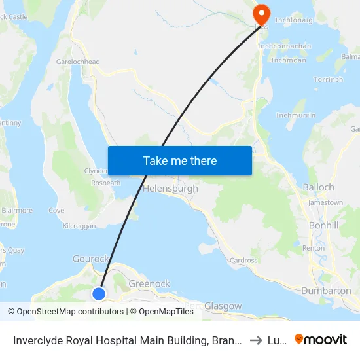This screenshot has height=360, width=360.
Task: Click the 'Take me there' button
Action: tap(180, 160)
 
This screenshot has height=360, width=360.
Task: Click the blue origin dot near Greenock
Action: tap(99, 293)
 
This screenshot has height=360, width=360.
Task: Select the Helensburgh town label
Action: tap(170, 189)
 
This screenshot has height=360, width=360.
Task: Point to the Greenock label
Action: tap(149, 283)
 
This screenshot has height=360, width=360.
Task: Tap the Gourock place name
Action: tap(90, 259)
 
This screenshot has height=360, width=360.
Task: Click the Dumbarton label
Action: tap(326, 290)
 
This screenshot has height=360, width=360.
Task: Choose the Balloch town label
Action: tap(319, 187)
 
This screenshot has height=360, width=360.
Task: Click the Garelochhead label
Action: tap(78, 62)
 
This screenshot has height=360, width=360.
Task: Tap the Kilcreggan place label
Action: tap(79, 225)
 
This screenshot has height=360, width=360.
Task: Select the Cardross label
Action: tap(243, 260)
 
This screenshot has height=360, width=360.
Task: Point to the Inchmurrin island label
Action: tap(296, 115)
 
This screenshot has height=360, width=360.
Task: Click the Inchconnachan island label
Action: tap(285, 46)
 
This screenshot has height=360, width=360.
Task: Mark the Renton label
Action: tap(314, 248)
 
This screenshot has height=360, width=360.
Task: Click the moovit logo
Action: tap(321, 339)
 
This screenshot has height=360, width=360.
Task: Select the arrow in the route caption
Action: tap(257, 340)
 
